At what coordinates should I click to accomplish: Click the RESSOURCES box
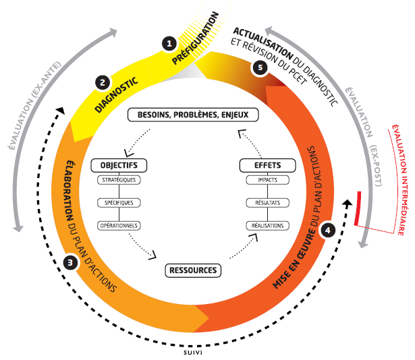tap(193, 270)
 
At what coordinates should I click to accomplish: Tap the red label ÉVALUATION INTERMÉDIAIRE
tap(399, 173)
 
